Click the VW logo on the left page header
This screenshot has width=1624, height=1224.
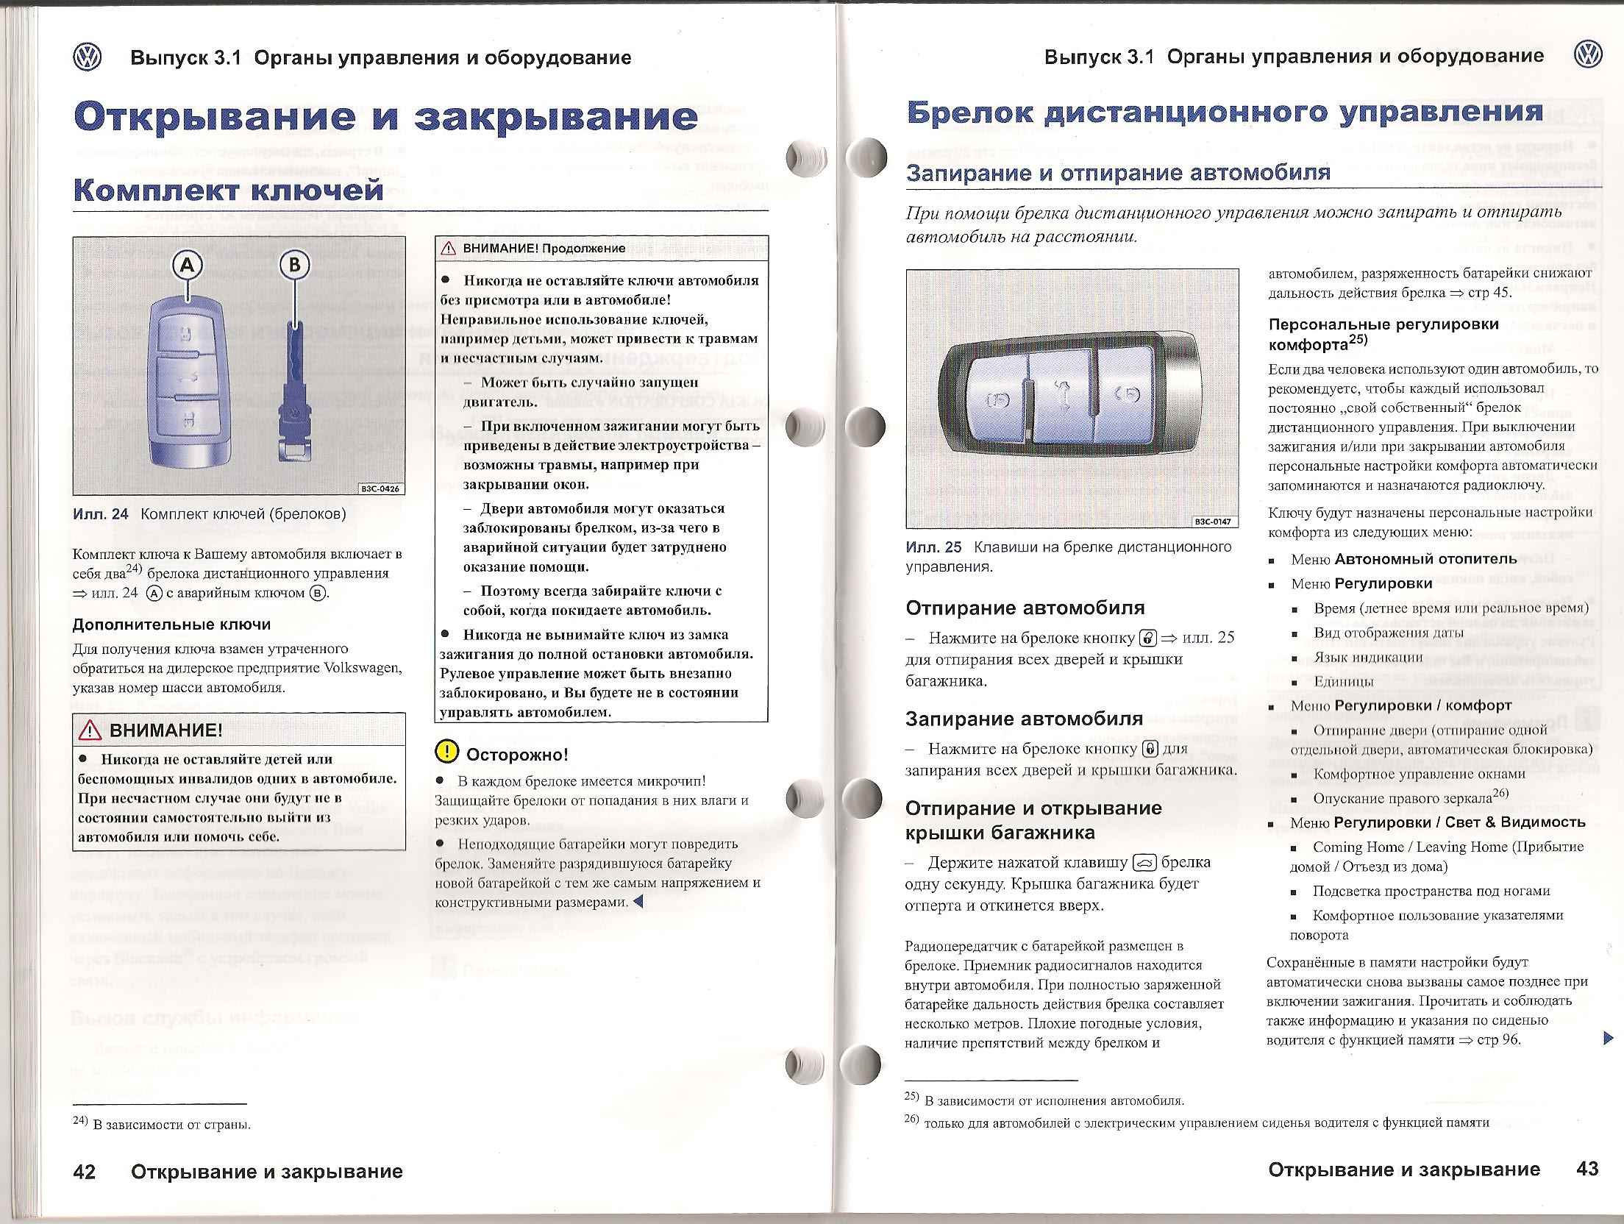(88, 57)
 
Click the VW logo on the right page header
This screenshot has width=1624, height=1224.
(1588, 56)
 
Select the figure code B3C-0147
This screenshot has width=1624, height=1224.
(1214, 522)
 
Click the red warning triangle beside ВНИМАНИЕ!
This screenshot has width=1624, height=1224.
(90, 730)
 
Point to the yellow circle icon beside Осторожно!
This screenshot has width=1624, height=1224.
(446, 751)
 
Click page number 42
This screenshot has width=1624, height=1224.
(85, 1172)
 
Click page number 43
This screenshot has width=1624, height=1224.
(1588, 1170)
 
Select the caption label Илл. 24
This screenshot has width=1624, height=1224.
(101, 514)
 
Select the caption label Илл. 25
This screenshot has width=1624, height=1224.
(933, 547)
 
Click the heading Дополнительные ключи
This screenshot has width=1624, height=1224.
(171, 625)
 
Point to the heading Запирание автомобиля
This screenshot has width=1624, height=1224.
(1024, 719)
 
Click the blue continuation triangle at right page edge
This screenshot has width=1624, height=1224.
(1608, 1038)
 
